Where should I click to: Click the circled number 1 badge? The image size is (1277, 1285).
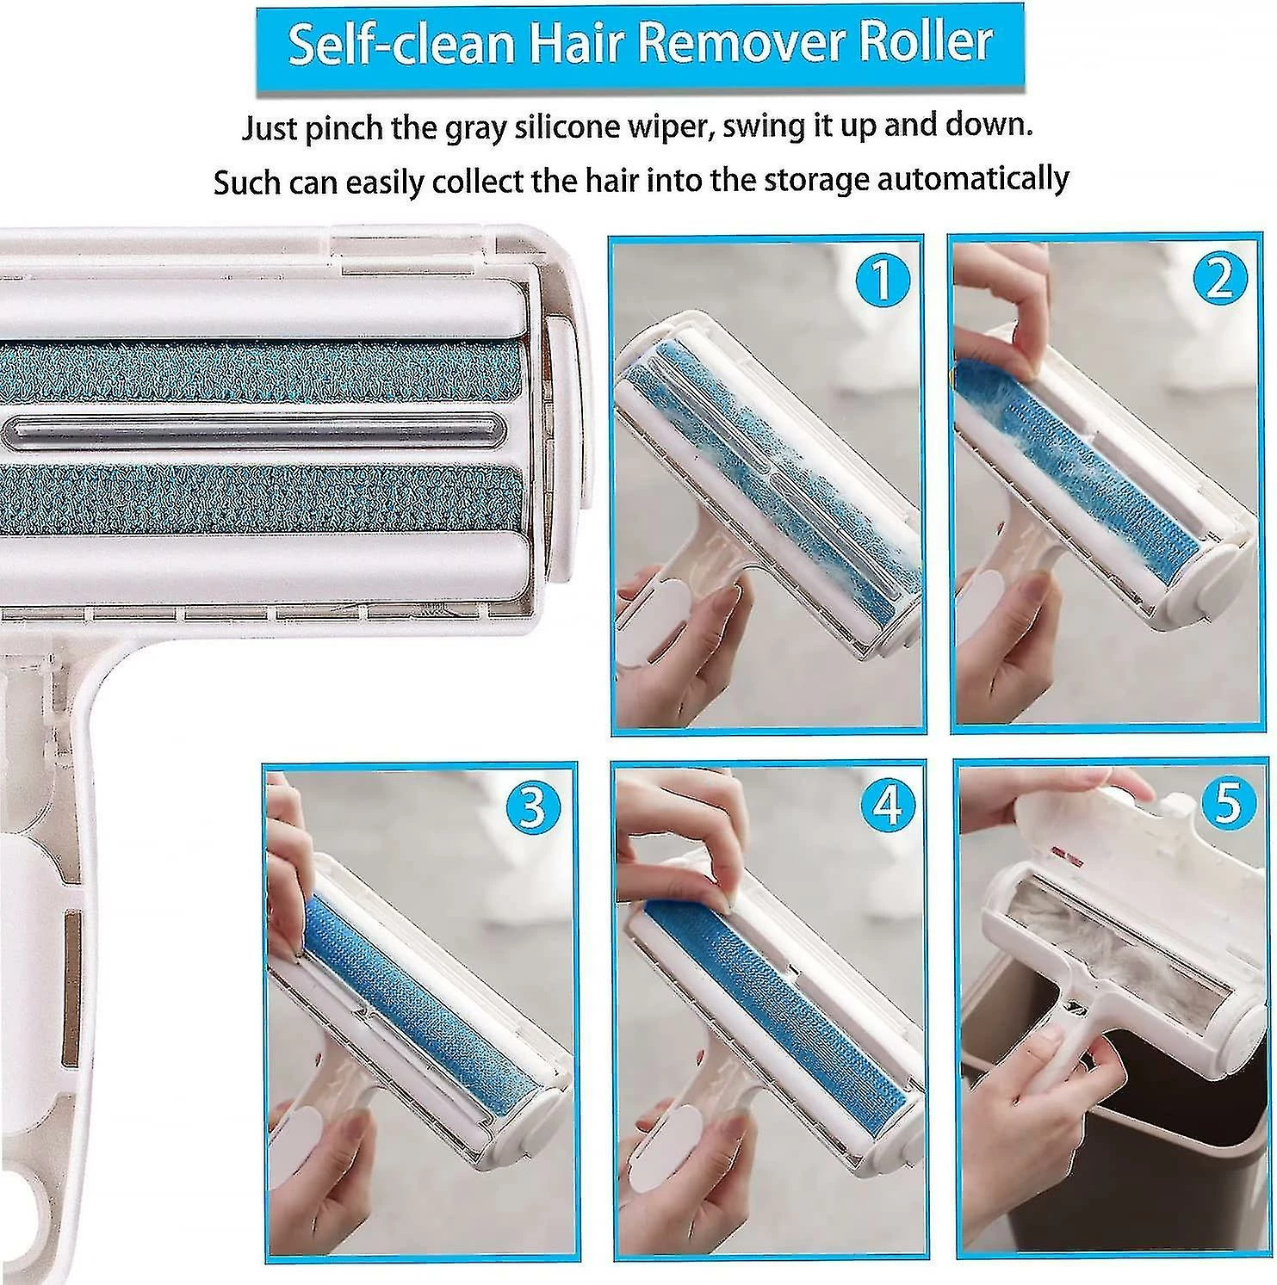point(880,281)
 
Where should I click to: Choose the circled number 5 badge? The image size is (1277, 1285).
point(1227,803)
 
